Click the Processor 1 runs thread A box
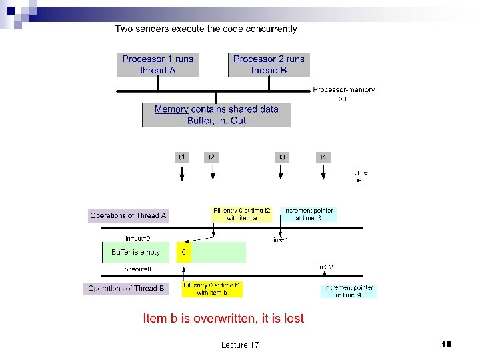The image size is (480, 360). click(158, 65)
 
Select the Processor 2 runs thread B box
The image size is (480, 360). click(269, 65)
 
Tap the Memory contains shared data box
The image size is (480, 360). click(217, 115)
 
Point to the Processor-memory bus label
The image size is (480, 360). click(343, 93)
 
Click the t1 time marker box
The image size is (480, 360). click(182, 157)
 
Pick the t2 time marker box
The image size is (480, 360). click(211, 157)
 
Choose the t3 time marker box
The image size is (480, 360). click(282, 157)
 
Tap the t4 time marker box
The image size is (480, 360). click(323, 157)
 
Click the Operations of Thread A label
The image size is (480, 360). click(128, 216)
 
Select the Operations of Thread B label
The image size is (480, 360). click(127, 289)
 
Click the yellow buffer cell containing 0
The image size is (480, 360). click(184, 253)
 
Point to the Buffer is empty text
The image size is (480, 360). click(135, 253)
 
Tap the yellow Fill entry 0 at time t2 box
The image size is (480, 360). click(242, 214)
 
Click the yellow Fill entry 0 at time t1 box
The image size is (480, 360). click(212, 289)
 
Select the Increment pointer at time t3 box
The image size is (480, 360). click(309, 214)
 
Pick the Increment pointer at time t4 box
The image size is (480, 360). click(349, 291)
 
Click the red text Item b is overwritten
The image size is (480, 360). click(223, 319)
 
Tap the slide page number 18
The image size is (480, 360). click(446, 344)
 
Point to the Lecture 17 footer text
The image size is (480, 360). click(240, 345)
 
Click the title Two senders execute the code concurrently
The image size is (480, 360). click(206, 29)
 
